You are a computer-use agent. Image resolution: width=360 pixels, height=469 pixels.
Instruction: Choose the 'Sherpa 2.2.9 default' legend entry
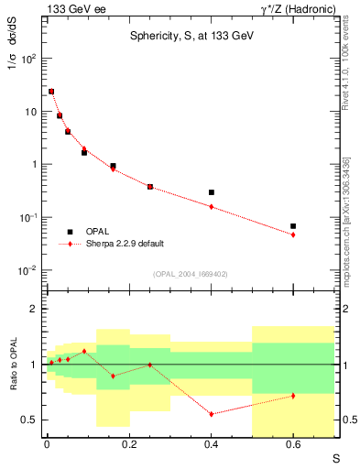pyautogui.click(x=125, y=244)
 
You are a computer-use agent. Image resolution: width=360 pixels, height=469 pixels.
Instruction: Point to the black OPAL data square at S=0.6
pyautogui.click(x=293, y=226)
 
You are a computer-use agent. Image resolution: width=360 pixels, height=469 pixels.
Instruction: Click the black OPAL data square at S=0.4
pyautogui.click(x=211, y=192)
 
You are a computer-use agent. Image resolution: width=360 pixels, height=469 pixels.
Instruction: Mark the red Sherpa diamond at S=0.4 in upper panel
pyautogui.click(x=211, y=207)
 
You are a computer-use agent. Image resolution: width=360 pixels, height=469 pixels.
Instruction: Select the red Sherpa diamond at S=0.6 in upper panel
pyautogui.click(x=293, y=234)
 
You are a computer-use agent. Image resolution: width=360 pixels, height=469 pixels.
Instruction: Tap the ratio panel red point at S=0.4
pyautogui.click(x=211, y=414)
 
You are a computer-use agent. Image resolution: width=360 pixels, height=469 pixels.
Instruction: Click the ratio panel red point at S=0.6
pyautogui.click(x=293, y=396)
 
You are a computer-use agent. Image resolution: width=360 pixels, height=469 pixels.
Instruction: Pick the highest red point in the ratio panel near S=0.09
pyautogui.click(x=84, y=351)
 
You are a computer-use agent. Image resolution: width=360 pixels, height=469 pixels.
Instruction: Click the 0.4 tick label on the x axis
pyautogui.click(x=211, y=446)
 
